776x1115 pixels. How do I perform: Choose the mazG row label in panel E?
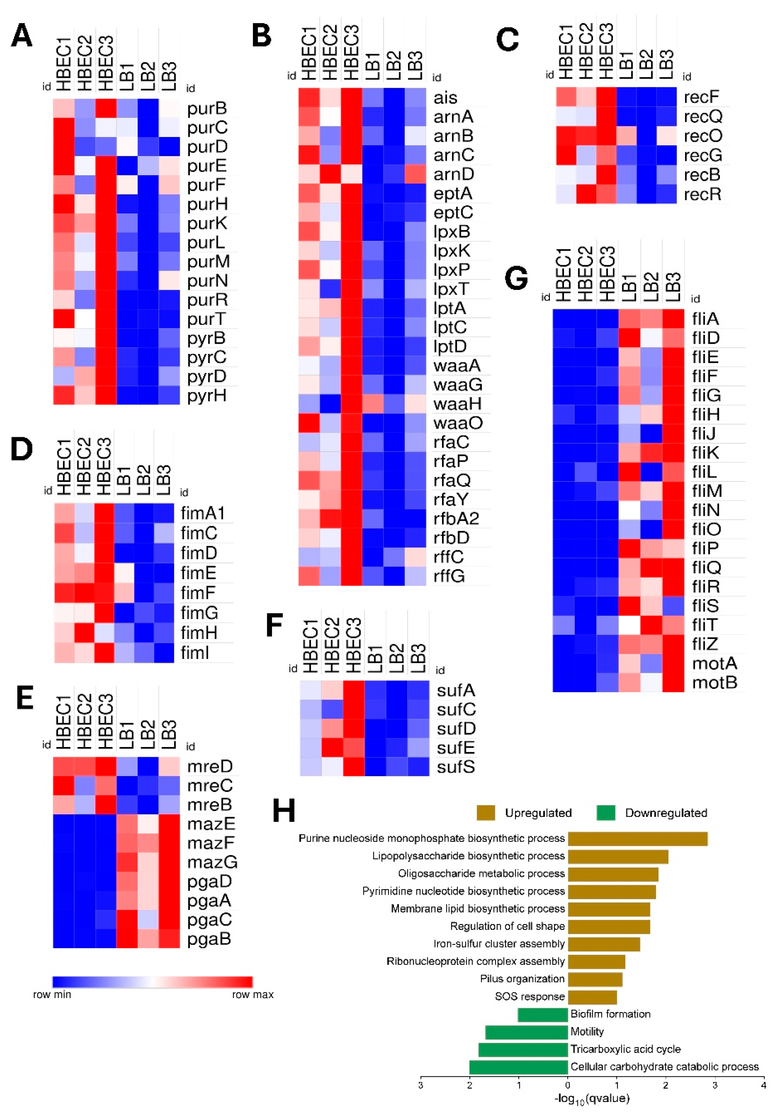[212, 862]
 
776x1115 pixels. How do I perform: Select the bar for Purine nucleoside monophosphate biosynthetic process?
[637, 839]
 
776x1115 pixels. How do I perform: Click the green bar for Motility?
[526, 1031]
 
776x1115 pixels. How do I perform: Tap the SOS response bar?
[592, 996]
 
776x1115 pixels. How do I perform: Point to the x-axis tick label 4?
[763, 1085]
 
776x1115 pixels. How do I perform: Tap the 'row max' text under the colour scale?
[252, 995]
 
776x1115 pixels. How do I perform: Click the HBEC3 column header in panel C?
[606, 51]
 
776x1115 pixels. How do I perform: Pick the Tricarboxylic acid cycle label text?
[625, 1049]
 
